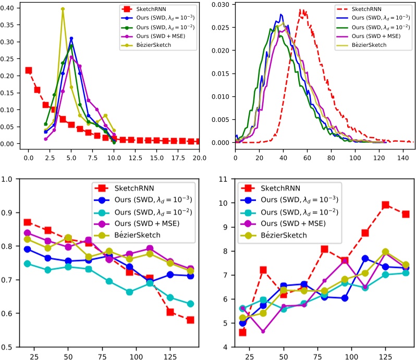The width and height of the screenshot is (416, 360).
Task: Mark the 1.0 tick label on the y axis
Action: coord(8,179)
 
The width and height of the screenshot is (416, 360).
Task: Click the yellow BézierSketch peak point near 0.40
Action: coord(63,9)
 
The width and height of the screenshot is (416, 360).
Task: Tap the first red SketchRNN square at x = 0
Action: coord(29,70)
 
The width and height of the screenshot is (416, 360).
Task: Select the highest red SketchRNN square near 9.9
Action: coord(386,205)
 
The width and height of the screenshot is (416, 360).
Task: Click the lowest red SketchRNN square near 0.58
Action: coord(191,320)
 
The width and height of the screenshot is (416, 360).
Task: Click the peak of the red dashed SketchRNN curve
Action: coord(301,10)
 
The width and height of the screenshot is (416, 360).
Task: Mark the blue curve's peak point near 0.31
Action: coord(71,39)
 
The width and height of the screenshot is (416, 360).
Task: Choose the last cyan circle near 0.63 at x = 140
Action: coord(191,304)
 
